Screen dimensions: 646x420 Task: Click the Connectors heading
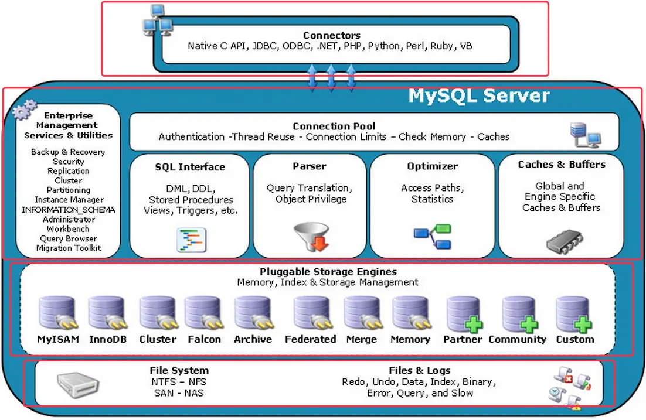pyautogui.click(x=332, y=35)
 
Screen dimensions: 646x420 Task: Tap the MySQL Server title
pyautogui.click(x=479, y=95)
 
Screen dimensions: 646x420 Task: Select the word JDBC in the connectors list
pyautogui.click(x=264, y=46)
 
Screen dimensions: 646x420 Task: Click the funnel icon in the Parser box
pyautogui.click(x=312, y=237)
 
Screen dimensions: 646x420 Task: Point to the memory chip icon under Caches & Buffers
pyautogui.click(x=565, y=242)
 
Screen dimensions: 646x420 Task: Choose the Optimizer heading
pyautogui.click(x=432, y=166)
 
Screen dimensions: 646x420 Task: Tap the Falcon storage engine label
pyautogui.click(x=205, y=339)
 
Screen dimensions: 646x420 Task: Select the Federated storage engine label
pyautogui.click(x=310, y=339)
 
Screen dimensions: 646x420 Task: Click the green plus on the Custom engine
pyautogui.click(x=583, y=325)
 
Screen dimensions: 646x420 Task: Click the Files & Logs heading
pyautogui.click(x=419, y=370)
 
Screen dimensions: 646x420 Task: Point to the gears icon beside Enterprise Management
pyautogui.click(x=24, y=110)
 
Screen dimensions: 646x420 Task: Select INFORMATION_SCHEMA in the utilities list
pyautogui.click(x=69, y=210)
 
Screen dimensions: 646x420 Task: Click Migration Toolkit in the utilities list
pyautogui.click(x=69, y=248)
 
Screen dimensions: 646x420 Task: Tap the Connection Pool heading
pyautogui.click(x=334, y=126)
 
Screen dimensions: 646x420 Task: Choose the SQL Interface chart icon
pyautogui.click(x=192, y=240)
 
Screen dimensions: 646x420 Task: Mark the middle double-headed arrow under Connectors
pyautogui.click(x=331, y=77)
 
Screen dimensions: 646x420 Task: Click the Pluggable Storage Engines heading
pyautogui.click(x=328, y=272)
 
